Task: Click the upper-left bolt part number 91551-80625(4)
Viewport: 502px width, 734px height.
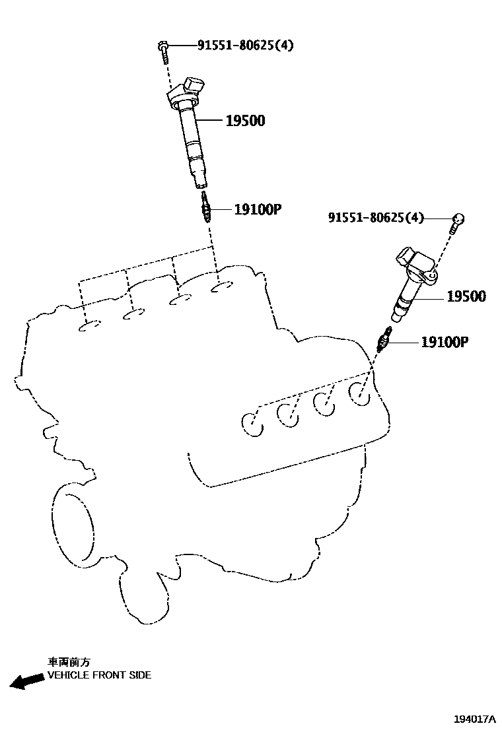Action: pos(246,46)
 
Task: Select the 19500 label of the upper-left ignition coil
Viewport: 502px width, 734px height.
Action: pos(245,121)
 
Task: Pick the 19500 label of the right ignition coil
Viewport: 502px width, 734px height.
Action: pos(466,297)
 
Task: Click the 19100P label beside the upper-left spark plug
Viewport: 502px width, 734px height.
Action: pos(258,210)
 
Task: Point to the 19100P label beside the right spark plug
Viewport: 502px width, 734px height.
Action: pos(445,342)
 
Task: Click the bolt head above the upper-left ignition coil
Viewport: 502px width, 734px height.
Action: pos(162,46)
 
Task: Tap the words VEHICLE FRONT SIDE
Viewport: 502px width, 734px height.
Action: pos(99,675)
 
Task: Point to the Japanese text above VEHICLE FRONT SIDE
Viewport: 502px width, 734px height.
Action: pos(69,661)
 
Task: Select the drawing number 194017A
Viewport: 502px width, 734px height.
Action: pos(474,719)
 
